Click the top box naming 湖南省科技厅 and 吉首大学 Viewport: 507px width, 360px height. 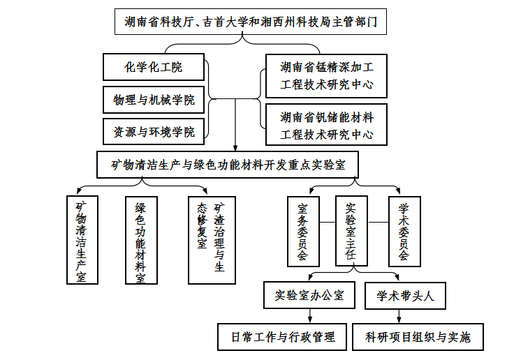(251, 22)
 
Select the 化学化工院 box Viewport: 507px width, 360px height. (154, 67)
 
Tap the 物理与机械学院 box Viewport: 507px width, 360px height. (154, 100)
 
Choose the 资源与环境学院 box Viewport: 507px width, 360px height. (154, 132)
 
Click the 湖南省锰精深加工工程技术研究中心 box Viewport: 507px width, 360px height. (326, 76)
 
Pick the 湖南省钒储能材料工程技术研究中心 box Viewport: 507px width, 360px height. (326, 124)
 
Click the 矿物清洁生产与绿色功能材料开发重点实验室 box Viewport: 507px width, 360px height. (228, 165)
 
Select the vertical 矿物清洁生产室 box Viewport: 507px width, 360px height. (82, 240)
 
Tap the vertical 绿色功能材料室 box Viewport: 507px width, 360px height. (141, 240)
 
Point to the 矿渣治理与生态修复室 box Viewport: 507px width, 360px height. (212, 240)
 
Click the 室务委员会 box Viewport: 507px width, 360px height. (303, 232)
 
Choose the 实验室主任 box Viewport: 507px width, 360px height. (351, 231)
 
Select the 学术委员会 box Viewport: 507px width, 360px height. (404, 232)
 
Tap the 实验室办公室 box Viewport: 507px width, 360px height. (309, 295)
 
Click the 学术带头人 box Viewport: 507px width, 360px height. (405, 296)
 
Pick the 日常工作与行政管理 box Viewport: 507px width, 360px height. (282, 337)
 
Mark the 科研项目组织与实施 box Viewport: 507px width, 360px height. (418, 337)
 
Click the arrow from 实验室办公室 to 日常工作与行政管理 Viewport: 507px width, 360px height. (310, 316)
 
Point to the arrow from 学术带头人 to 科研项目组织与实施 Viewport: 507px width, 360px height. (399, 316)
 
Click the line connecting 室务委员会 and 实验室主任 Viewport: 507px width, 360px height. (328, 223)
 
